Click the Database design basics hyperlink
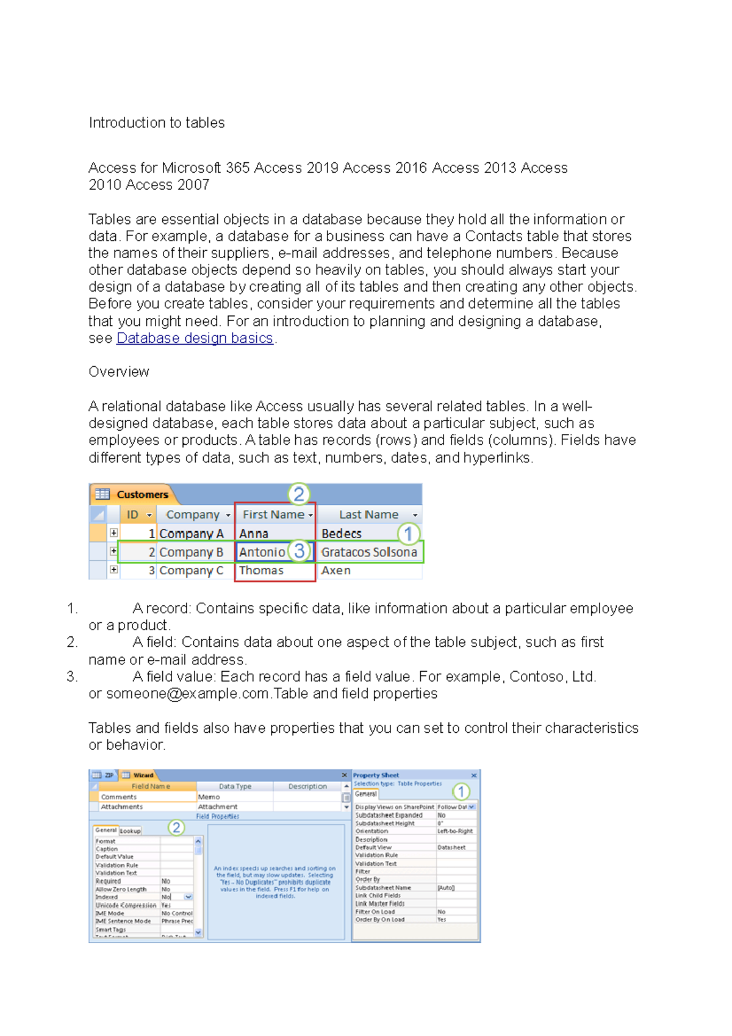(x=194, y=338)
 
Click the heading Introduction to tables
(x=157, y=123)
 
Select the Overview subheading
(x=119, y=372)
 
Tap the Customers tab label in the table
(x=142, y=494)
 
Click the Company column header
(x=193, y=514)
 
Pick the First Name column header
(x=273, y=514)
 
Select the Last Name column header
(x=368, y=514)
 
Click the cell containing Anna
(x=254, y=533)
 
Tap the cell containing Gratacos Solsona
(x=368, y=552)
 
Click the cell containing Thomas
(x=261, y=570)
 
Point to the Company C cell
(x=191, y=570)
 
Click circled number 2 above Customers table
(x=299, y=494)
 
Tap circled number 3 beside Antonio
(x=299, y=551)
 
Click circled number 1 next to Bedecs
(x=408, y=534)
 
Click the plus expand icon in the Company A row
(x=113, y=533)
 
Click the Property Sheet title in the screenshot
(x=376, y=775)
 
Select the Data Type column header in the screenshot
(x=235, y=786)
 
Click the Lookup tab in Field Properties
(x=130, y=831)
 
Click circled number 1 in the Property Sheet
(x=461, y=792)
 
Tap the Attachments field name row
(x=121, y=807)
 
